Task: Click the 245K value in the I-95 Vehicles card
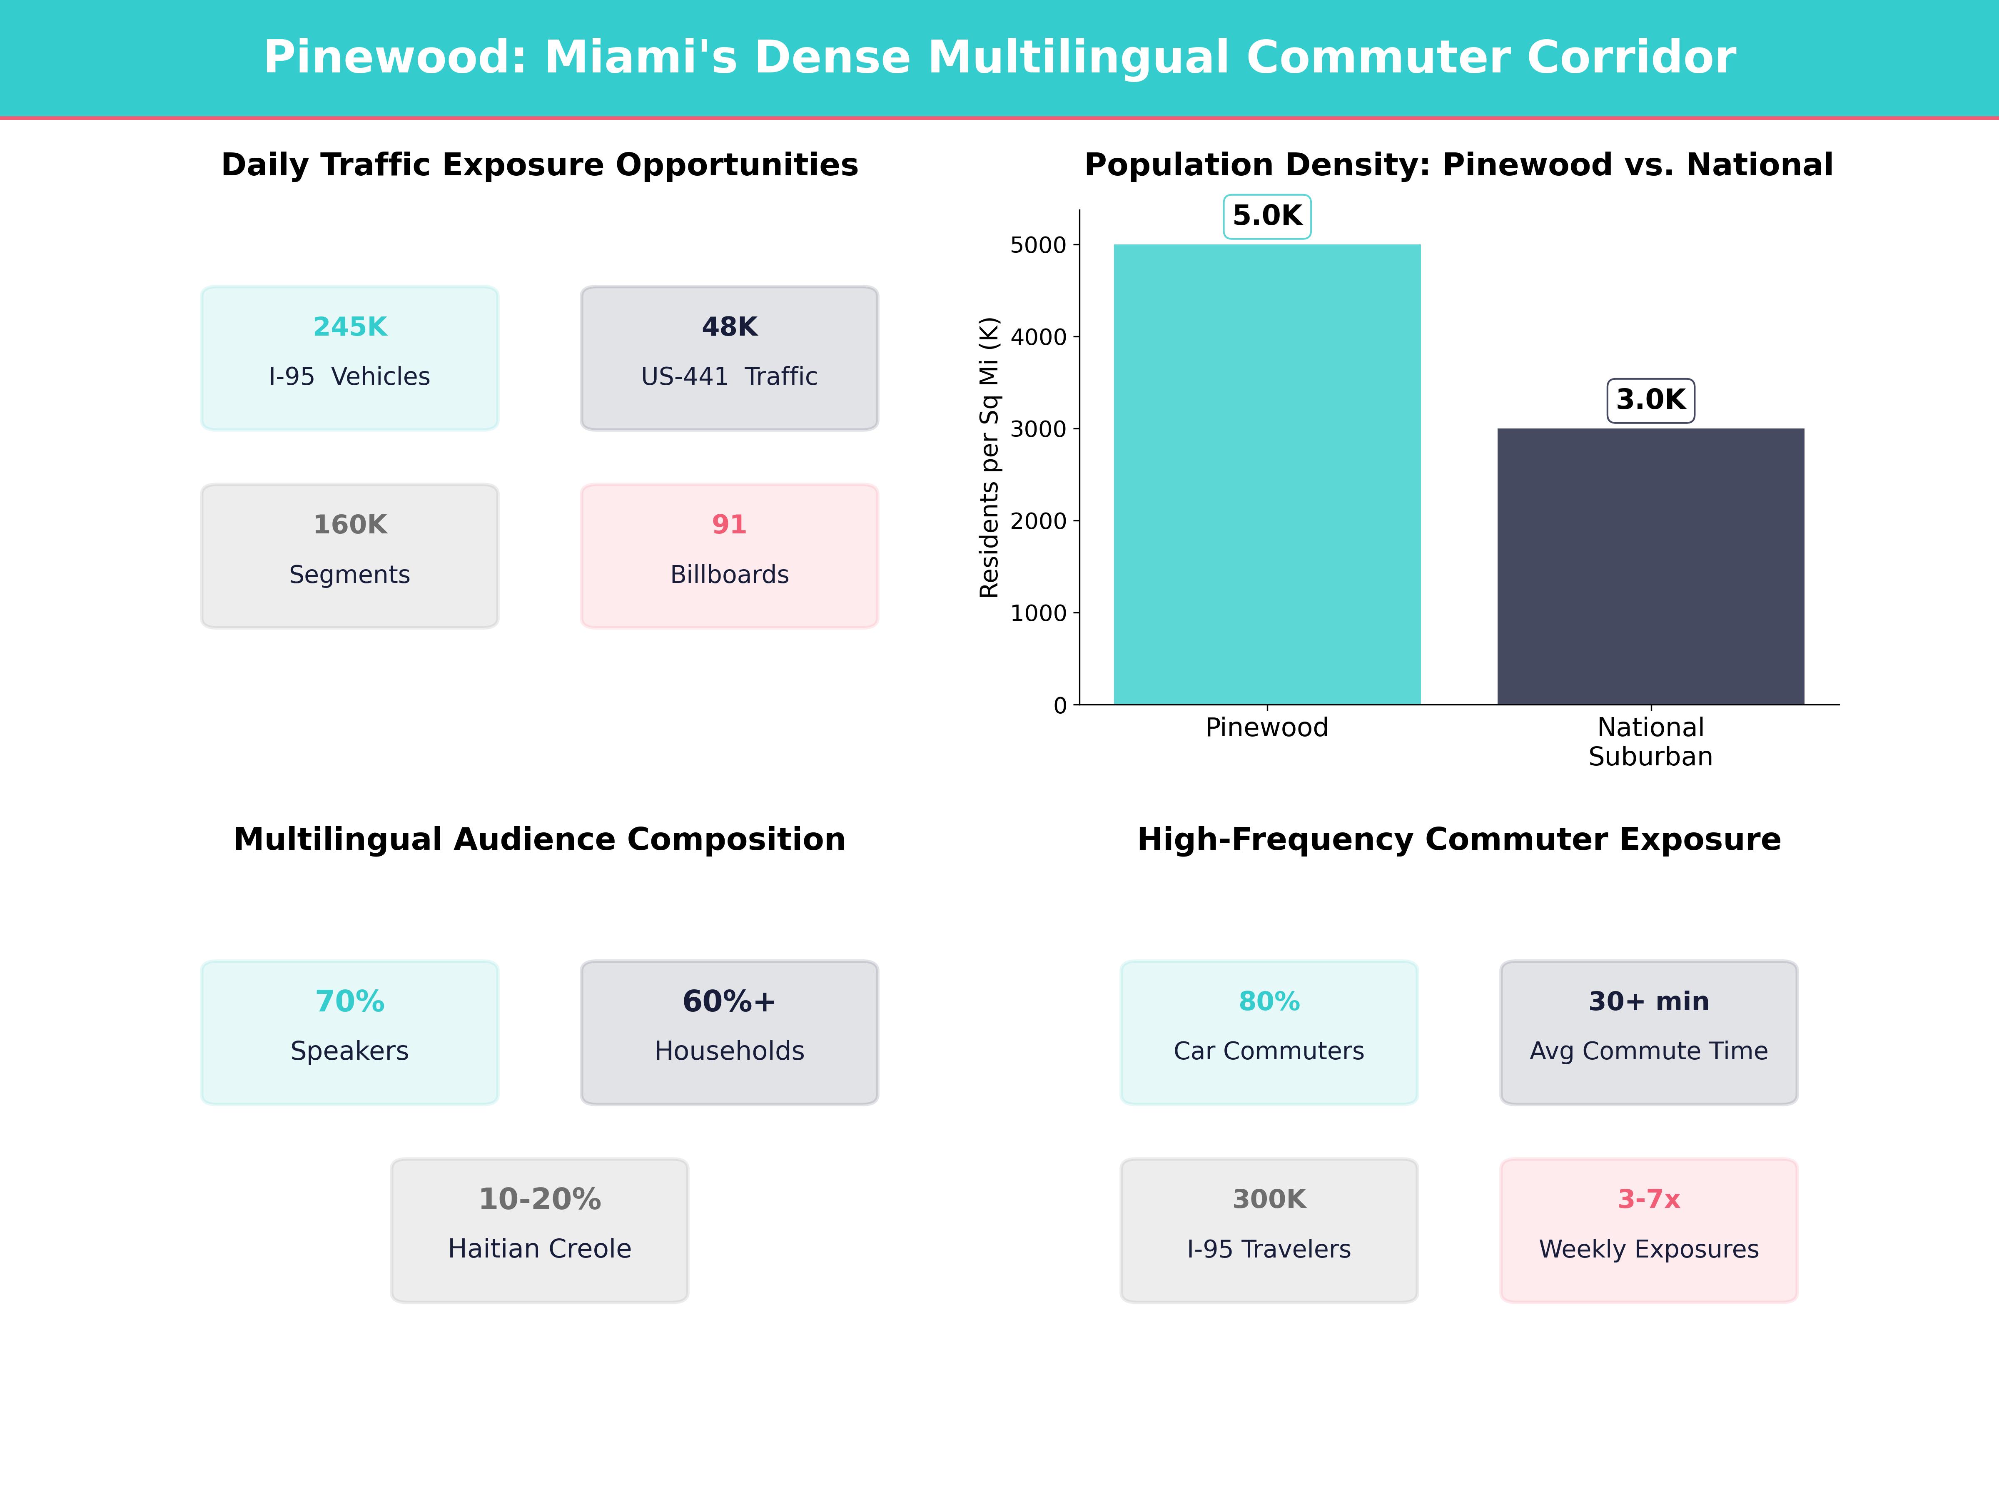[350, 327]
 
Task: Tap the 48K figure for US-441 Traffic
[729, 327]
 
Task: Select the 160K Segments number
[350, 525]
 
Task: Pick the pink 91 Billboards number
[729, 525]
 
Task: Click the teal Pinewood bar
[1267, 474]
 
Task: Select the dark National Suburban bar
[1650, 567]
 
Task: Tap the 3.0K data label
[1650, 400]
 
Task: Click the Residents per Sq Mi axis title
[990, 457]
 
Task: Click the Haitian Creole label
[539, 1249]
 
